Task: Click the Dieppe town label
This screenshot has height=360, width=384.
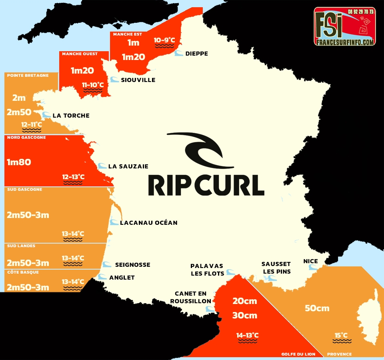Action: [x=196, y=54]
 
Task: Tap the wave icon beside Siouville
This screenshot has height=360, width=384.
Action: [x=114, y=80]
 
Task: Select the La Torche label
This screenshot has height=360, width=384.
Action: [x=71, y=116]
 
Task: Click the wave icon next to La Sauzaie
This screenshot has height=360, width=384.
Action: [x=102, y=166]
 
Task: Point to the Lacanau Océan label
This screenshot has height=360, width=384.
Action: [x=148, y=222]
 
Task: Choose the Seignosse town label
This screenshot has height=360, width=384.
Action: [x=132, y=265]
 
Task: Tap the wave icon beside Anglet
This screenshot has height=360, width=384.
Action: [x=102, y=277]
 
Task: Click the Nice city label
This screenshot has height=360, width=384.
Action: [x=310, y=261]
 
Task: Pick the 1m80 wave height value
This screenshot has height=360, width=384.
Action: [x=19, y=162]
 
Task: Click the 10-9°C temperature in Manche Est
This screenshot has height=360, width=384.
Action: [x=164, y=40]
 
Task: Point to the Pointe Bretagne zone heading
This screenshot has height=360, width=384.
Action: [x=28, y=75]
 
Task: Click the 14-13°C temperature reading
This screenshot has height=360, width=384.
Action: [x=247, y=335]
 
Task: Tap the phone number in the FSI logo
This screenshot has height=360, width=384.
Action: [x=360, y=12]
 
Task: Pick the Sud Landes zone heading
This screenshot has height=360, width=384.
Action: [x=21, y=246]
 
